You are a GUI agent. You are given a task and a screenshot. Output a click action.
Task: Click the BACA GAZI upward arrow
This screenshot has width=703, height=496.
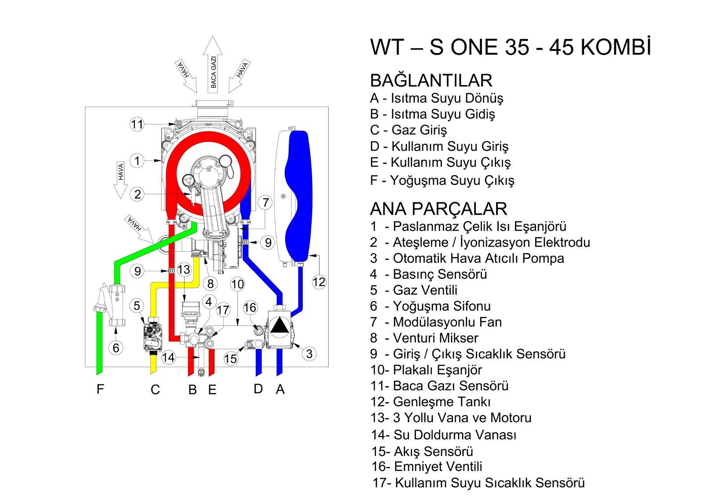(213, 66)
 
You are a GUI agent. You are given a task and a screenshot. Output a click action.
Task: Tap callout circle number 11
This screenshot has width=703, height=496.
(137, 125)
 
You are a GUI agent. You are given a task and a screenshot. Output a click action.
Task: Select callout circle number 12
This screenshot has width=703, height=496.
(319, 282)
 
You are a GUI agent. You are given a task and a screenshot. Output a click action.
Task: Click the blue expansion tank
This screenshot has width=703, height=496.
(300, 195)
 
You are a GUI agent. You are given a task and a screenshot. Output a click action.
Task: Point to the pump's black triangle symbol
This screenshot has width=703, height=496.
(279, 326)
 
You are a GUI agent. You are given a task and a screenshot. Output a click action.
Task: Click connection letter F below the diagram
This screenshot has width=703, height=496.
(101, 389)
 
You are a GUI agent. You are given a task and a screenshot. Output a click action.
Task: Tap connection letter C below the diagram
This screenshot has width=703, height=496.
(155, 389)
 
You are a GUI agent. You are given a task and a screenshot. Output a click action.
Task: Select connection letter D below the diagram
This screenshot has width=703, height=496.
(258, 388)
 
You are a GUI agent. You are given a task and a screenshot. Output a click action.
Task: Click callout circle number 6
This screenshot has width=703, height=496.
(116, 348)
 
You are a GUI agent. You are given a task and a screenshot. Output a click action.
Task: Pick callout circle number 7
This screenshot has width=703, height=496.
(265, 202)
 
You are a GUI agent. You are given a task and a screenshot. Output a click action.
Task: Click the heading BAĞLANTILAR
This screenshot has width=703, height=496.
(431, 81)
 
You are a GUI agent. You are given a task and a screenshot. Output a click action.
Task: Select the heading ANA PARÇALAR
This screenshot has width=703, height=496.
(438, 209)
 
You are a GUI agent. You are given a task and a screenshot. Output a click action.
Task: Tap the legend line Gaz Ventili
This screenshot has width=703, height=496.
(424, 290)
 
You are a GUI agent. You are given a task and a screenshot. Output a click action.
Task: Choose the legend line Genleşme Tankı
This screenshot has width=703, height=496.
(441, 402)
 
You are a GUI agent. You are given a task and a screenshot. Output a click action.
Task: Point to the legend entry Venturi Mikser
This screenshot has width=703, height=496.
(435, 338)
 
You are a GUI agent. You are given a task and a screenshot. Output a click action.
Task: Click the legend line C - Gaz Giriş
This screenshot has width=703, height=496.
(408, 130)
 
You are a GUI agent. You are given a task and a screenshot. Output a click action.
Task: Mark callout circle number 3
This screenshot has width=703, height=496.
(309, 354)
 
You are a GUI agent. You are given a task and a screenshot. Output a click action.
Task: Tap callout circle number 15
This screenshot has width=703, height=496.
(230, 359)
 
